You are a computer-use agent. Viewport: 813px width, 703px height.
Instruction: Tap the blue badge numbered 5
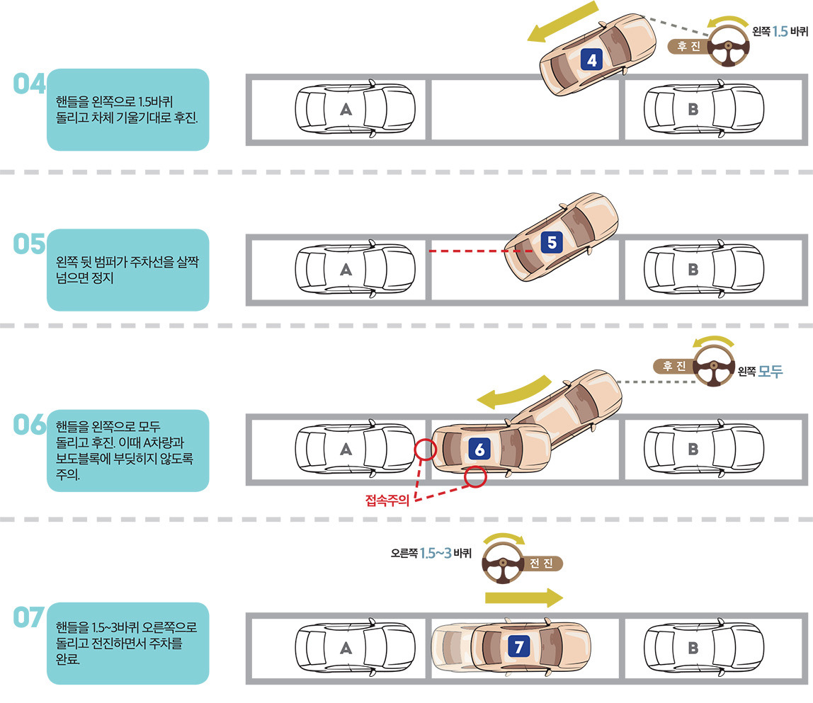click(x=552, y=243)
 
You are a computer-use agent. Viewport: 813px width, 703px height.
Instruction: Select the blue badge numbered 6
click(x=479, y=449)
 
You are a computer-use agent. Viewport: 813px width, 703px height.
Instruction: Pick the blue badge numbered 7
click(x=519, y=646)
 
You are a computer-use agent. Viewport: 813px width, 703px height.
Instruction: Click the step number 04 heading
click(x=29, y=84)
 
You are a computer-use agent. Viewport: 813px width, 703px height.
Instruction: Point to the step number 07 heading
click(x=29, y=617)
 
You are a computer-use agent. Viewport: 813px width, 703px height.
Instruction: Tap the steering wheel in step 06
click(x=713, y=367)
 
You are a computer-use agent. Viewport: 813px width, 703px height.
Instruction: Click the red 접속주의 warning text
click(x=387, y=502)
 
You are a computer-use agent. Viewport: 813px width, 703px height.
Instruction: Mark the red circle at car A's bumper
click(x=424, y=449)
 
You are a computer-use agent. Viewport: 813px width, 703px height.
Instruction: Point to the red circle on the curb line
click(x=475, y=477)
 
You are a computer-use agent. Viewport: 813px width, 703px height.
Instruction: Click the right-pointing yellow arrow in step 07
click(x=524, y=598)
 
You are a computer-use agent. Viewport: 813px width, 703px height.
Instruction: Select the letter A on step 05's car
click(x=346, y=269)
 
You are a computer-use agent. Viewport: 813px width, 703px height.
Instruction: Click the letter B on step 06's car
click(x=693, y=449)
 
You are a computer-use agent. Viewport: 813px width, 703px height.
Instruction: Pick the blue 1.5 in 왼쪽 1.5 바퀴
click(x=780, y=31)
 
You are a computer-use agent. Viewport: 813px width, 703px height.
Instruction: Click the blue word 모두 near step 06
click(x=771, y=372)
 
